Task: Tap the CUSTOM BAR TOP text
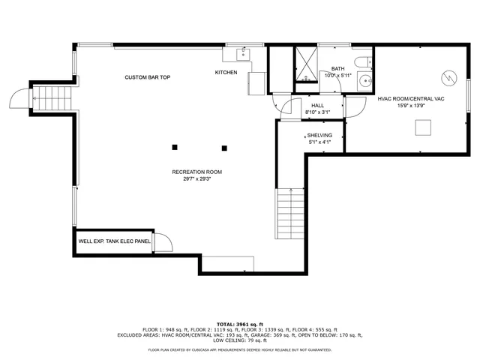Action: (x=147, y=77)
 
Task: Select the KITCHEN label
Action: (x=226, y=73)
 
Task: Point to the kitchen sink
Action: (x=242, y=54)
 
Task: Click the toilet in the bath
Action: (x=363, y=61)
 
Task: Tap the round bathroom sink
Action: (x=364, y=81)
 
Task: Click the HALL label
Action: (x=317, y=106)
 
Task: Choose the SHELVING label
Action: (x=319, y=136)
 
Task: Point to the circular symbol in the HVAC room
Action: (x=448, y=76)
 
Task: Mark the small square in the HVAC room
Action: (x=424, y=129)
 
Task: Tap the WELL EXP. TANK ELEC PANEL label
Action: (x=114, y=241)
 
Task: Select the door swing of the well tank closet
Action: (x=164, y=240)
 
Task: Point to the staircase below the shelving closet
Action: (x=289, y=213)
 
